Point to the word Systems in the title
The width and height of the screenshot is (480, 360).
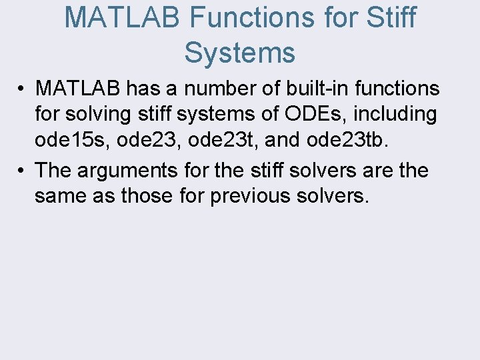pos(239,53)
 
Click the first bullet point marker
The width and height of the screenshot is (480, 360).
pos(23,89)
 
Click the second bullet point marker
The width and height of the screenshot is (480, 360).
pos(23,171)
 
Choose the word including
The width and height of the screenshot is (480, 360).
pos(395,115)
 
